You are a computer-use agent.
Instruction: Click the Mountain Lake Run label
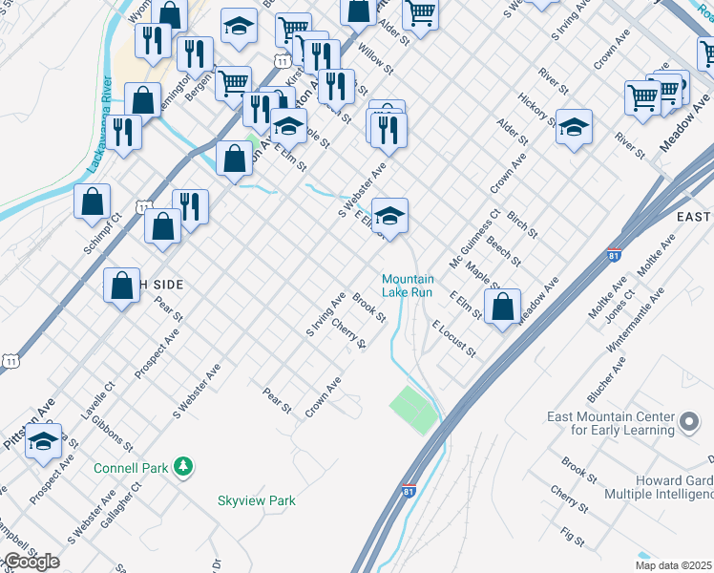408,286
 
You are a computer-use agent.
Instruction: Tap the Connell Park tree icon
183,467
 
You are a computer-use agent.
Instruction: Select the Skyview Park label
257,500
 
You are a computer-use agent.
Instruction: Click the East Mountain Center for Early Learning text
611,423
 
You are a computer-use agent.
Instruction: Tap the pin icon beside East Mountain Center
689,422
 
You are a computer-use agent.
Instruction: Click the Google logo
31,562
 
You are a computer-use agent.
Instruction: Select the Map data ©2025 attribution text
674,565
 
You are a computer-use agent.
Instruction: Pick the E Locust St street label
453,340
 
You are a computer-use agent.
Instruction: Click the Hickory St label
536,111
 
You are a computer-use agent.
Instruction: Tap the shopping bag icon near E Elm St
502,308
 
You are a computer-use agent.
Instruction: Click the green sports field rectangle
413,410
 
